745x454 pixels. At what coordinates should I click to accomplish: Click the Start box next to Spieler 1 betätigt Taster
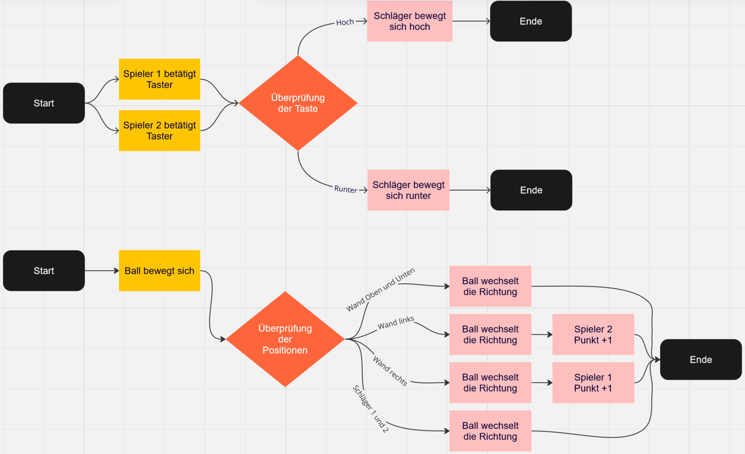[44, 103]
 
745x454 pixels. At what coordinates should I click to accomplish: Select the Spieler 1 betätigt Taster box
[159, 79]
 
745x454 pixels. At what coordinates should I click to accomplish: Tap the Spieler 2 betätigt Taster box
[159, 131]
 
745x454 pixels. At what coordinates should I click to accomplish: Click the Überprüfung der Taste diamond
[298, 103]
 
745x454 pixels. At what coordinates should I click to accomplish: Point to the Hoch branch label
[345, 22]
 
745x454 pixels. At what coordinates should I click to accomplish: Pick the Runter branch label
[346, 189]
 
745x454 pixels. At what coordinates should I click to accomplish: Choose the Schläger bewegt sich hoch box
[410, 21]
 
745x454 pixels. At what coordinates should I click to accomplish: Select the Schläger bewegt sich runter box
[408, 190]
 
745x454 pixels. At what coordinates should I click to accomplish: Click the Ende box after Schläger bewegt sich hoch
[531, 21]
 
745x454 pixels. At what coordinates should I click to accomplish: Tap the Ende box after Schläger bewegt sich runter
[531, 190]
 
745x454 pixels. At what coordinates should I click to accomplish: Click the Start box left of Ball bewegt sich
[44, 271]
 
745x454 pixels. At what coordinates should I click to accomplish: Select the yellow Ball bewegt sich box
[159, 271]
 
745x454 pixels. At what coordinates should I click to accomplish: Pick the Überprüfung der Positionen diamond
[285, 339]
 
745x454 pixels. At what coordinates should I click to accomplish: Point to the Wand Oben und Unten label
[380, 290]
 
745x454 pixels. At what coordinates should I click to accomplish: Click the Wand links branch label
[396, 323]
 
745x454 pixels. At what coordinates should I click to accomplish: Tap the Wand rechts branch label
[390, 371]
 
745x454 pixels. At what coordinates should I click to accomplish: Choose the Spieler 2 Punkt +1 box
[593, 335]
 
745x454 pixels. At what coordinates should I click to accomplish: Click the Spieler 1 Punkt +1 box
[593, 383]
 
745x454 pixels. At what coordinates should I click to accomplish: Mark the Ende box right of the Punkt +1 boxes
[701, 359]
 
